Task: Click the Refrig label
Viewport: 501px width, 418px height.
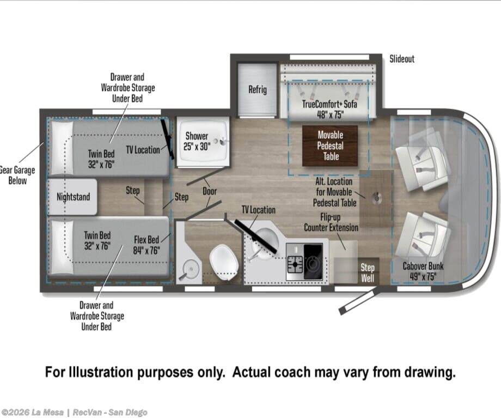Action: click(x=258, y=89)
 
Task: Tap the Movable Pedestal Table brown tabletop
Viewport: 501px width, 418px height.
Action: click(x=330, y=146)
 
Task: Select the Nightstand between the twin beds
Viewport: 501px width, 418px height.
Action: click(x=72, y=197)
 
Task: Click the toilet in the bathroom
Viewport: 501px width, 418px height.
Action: click(x=224, y=263)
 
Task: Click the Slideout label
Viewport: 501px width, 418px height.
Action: click(x=402, y=59)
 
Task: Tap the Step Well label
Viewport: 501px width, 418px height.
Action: click(x=368, y=273)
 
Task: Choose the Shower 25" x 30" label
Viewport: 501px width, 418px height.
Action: click(x=197, y=141)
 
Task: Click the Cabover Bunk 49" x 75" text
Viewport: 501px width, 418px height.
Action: click(x=423, y=271)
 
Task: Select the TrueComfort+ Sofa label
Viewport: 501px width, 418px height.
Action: click(x=330, y=109)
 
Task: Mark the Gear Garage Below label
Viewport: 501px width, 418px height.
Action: click(x=17, y=175)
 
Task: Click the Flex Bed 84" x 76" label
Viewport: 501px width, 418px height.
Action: click(x=146, y=245)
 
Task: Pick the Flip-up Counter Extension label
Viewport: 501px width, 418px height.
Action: click(x=331, y=222)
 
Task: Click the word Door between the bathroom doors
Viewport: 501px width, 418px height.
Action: click(x=210, y=191)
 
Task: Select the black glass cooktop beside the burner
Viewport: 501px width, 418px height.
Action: click(x=313, y=261)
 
